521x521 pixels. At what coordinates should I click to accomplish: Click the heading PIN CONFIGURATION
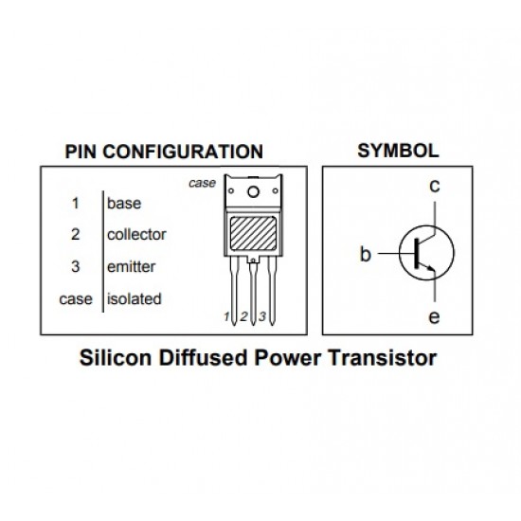click(x=163, y=152)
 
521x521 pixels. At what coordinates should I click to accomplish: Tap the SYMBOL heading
click(x=397, y=151)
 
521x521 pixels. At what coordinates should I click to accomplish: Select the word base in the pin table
click(x=124, y=203)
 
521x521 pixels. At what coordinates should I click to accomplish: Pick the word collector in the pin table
click(x=136, y=234)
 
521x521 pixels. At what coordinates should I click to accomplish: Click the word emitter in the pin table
click(x=132, y=267)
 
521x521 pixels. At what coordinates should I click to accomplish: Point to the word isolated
click(x=134, y=299)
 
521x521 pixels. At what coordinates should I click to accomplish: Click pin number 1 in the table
click(x=75, y=203)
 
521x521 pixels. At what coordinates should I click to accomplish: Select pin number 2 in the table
click(x=75, y=234)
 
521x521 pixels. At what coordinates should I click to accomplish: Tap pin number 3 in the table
click(x=75, y=267)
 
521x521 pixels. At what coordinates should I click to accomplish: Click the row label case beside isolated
click(x=76, y=299)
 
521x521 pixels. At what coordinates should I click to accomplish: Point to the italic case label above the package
click(x=202, y=183)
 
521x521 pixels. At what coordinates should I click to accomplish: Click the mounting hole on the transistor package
click(x=253, y=193)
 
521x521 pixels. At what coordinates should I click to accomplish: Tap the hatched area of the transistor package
click(x=252, y=232)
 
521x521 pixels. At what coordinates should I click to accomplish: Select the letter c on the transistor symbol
click(x=434, y=187)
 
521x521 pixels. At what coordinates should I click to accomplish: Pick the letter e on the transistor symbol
click(x=434, y=317)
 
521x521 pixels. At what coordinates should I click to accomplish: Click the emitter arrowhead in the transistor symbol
click(x=431, y=272)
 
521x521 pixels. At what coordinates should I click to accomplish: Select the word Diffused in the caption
click(x=201, y=360)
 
